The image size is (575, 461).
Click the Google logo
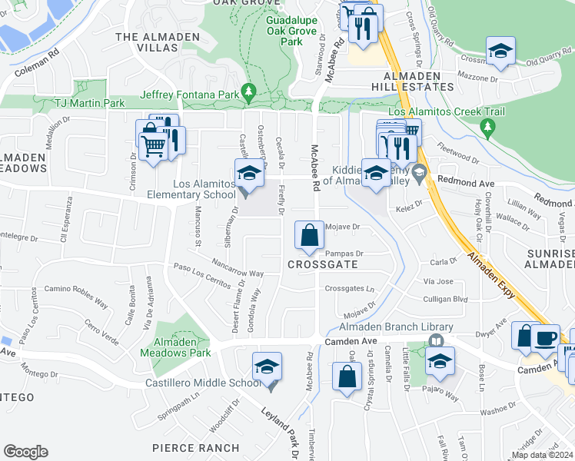pos(25,451)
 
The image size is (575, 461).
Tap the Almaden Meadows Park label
pos(175,347)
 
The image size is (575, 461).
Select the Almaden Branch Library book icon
pos(436,340)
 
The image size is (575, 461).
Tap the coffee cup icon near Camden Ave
pos(547,337)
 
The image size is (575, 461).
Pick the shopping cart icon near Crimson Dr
pos(154,144)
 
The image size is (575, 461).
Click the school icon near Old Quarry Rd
pos(501,52)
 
